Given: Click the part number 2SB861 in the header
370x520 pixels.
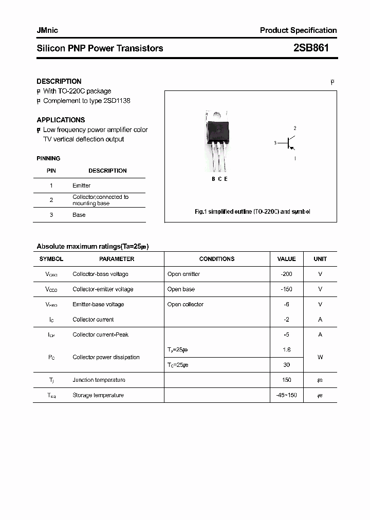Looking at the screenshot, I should point(311,48).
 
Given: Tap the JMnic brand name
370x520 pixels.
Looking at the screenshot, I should point(47,30).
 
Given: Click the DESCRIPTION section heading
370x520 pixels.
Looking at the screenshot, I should point(59,81).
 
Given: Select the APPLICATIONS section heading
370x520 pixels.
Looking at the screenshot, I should point(61,120).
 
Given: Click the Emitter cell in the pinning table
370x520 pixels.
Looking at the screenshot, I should point(81,185).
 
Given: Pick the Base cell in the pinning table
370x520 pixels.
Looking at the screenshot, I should point(79,215).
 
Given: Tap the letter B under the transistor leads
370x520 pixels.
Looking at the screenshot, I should point(213,179).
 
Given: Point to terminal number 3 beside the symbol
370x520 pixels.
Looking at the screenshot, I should point(275,143).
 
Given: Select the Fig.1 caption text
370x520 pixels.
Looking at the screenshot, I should point(252,212).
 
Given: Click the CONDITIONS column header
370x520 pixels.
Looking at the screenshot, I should point(217,259).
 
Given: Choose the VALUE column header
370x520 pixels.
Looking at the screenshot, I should point(286,259).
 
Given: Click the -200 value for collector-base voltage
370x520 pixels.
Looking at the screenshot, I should point(286,274).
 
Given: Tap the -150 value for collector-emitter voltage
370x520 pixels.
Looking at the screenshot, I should point(286,289).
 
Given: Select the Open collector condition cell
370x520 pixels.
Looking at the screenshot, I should point(186,304).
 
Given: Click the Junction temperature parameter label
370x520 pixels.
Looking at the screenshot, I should point(99,380).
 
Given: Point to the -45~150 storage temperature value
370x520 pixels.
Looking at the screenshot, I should point(286,395).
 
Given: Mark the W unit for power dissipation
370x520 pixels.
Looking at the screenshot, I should point(320,357).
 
